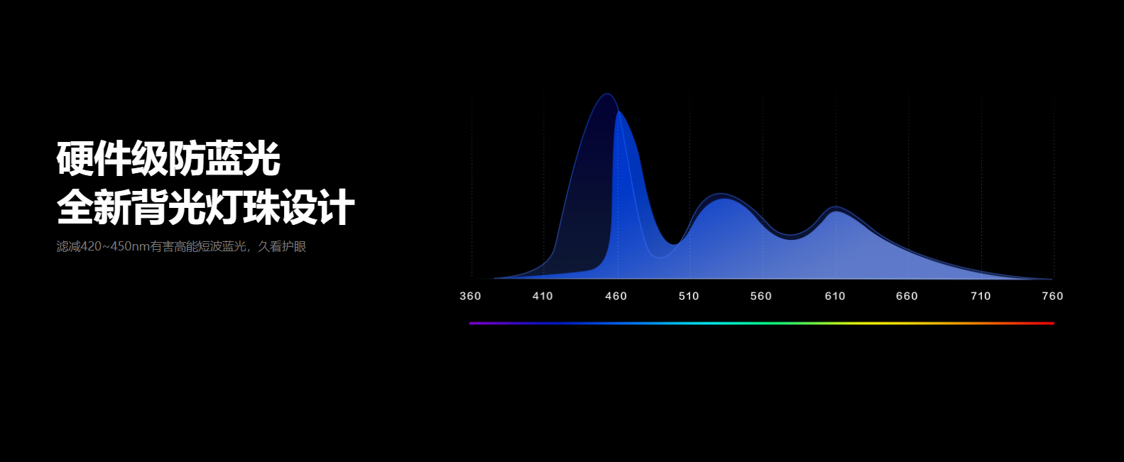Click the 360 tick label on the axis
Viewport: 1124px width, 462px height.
[470, 296]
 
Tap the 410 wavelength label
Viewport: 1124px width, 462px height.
[542, 296]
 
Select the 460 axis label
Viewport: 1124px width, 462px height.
[616, 296]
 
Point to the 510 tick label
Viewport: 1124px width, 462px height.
[689, 296]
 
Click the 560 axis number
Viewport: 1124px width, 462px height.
[760, 296]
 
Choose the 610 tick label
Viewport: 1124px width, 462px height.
[835, 296]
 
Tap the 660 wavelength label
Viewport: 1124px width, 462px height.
[907, 296]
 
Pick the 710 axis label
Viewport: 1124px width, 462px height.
[981, 296]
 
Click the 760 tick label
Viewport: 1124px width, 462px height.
[1052, 296]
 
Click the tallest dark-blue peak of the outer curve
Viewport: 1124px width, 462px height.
[606, 94]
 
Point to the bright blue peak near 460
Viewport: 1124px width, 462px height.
[618, 111]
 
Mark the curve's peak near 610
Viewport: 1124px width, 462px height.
[836, 207]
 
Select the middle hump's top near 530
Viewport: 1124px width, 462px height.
[721, 194]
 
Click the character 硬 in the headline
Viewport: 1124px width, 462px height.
[75, 158]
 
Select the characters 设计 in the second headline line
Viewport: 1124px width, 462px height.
[317, 207]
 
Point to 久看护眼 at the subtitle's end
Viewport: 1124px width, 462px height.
[282, 246]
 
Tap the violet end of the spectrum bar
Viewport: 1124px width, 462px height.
[471, 324]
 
